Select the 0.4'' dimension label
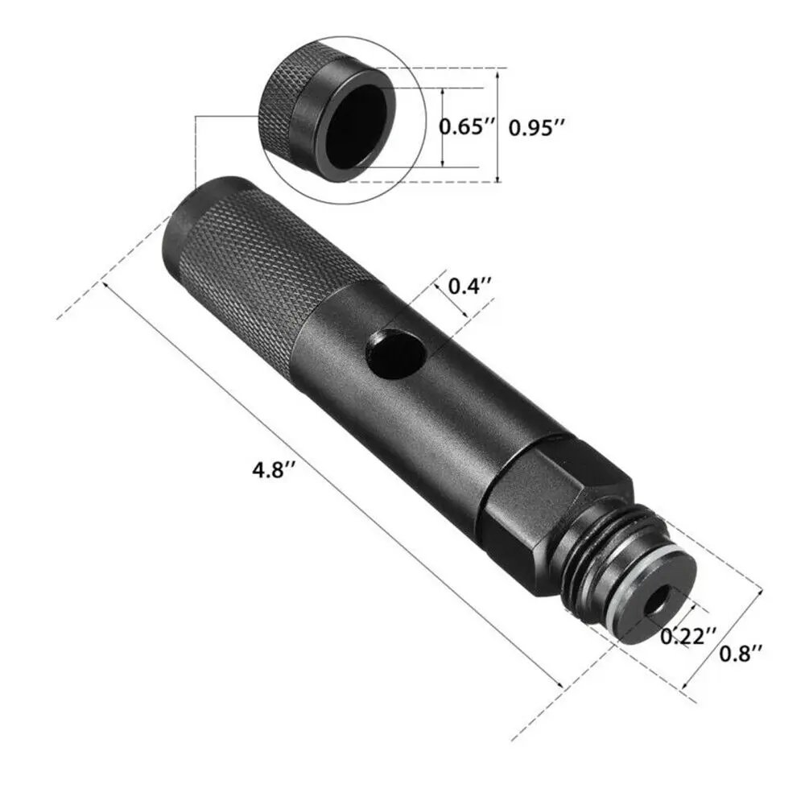(x=469, y=286)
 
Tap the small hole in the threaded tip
(x=660, y=600)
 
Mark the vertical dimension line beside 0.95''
(x=498, y=127)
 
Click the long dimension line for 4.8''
(x=330, y=483)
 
